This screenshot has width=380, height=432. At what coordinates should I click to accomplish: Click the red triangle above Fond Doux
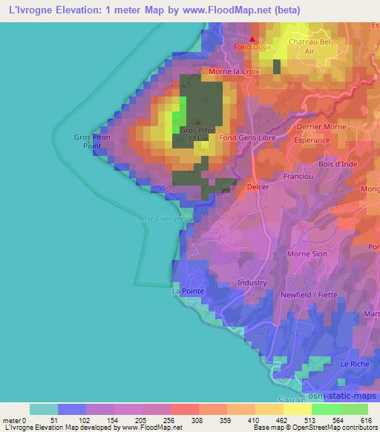[252, 39]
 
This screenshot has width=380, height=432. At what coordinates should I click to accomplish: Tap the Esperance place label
[312, 140]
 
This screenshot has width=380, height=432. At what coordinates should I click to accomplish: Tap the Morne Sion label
[307, 254]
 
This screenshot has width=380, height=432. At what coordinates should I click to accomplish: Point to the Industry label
[252, 283]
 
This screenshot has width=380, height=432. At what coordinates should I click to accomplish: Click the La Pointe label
[188, 292]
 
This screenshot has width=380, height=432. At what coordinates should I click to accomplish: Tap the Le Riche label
[353, 364]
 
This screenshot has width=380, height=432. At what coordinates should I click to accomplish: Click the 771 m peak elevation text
[198, 138]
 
